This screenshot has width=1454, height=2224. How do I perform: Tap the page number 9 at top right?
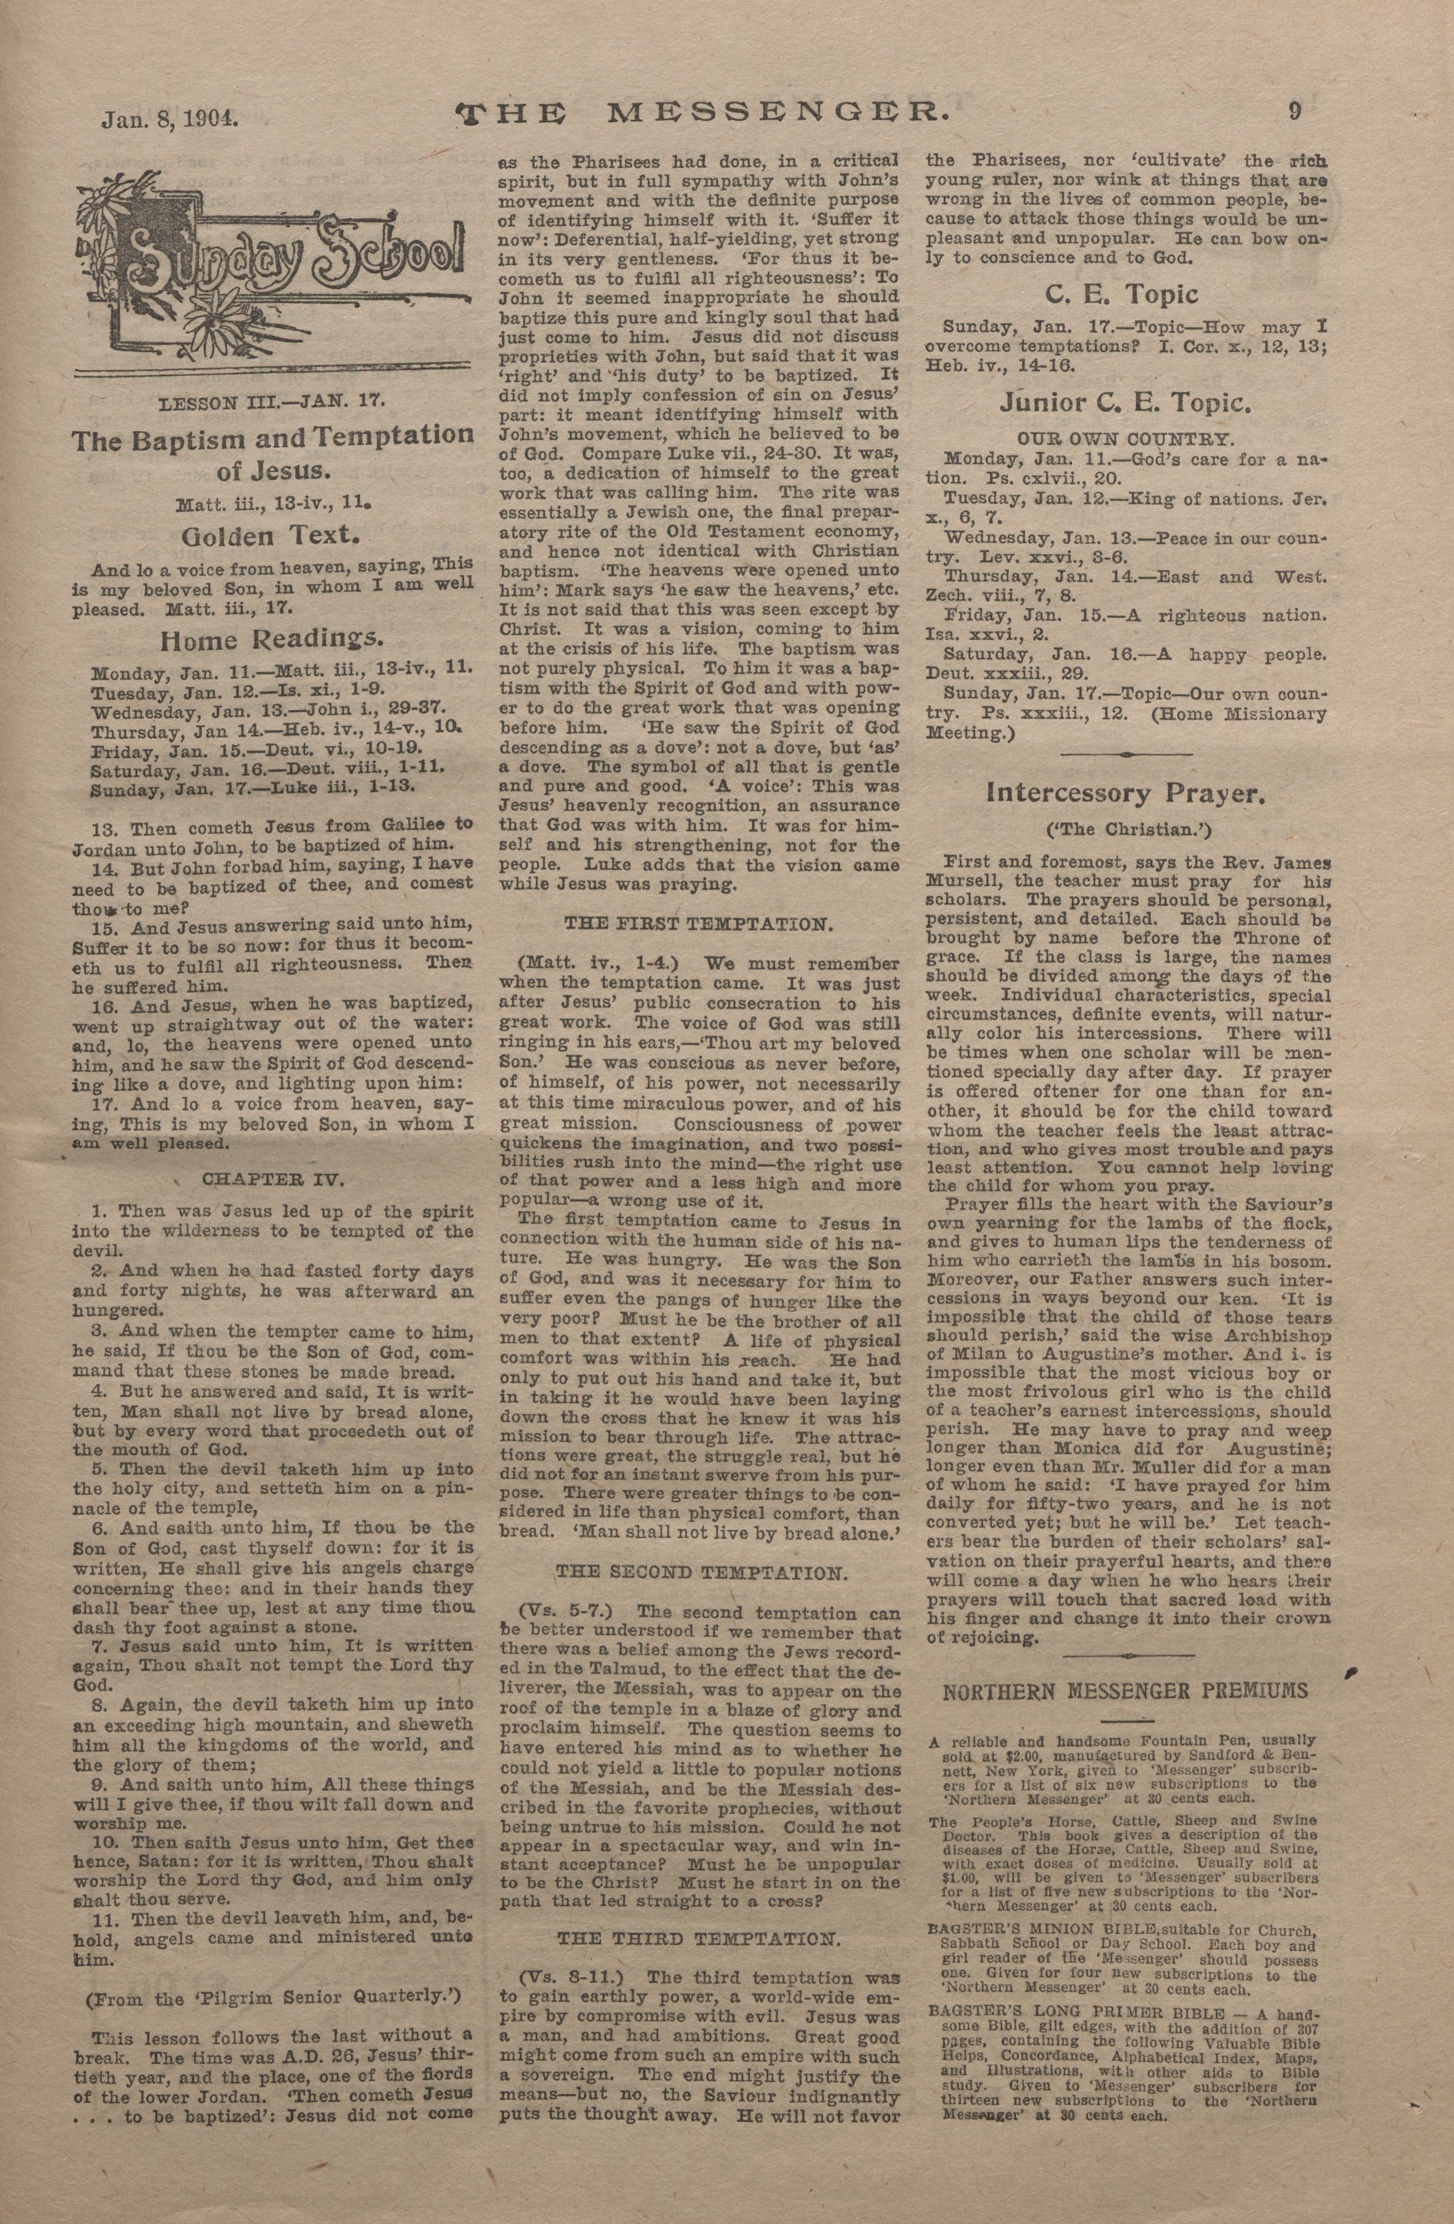1295,110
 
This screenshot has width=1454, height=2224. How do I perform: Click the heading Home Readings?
272,640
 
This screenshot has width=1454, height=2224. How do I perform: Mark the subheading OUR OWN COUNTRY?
1126,438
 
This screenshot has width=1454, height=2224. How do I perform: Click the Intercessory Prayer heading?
1126,794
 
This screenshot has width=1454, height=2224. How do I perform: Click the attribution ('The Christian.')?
1124,830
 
